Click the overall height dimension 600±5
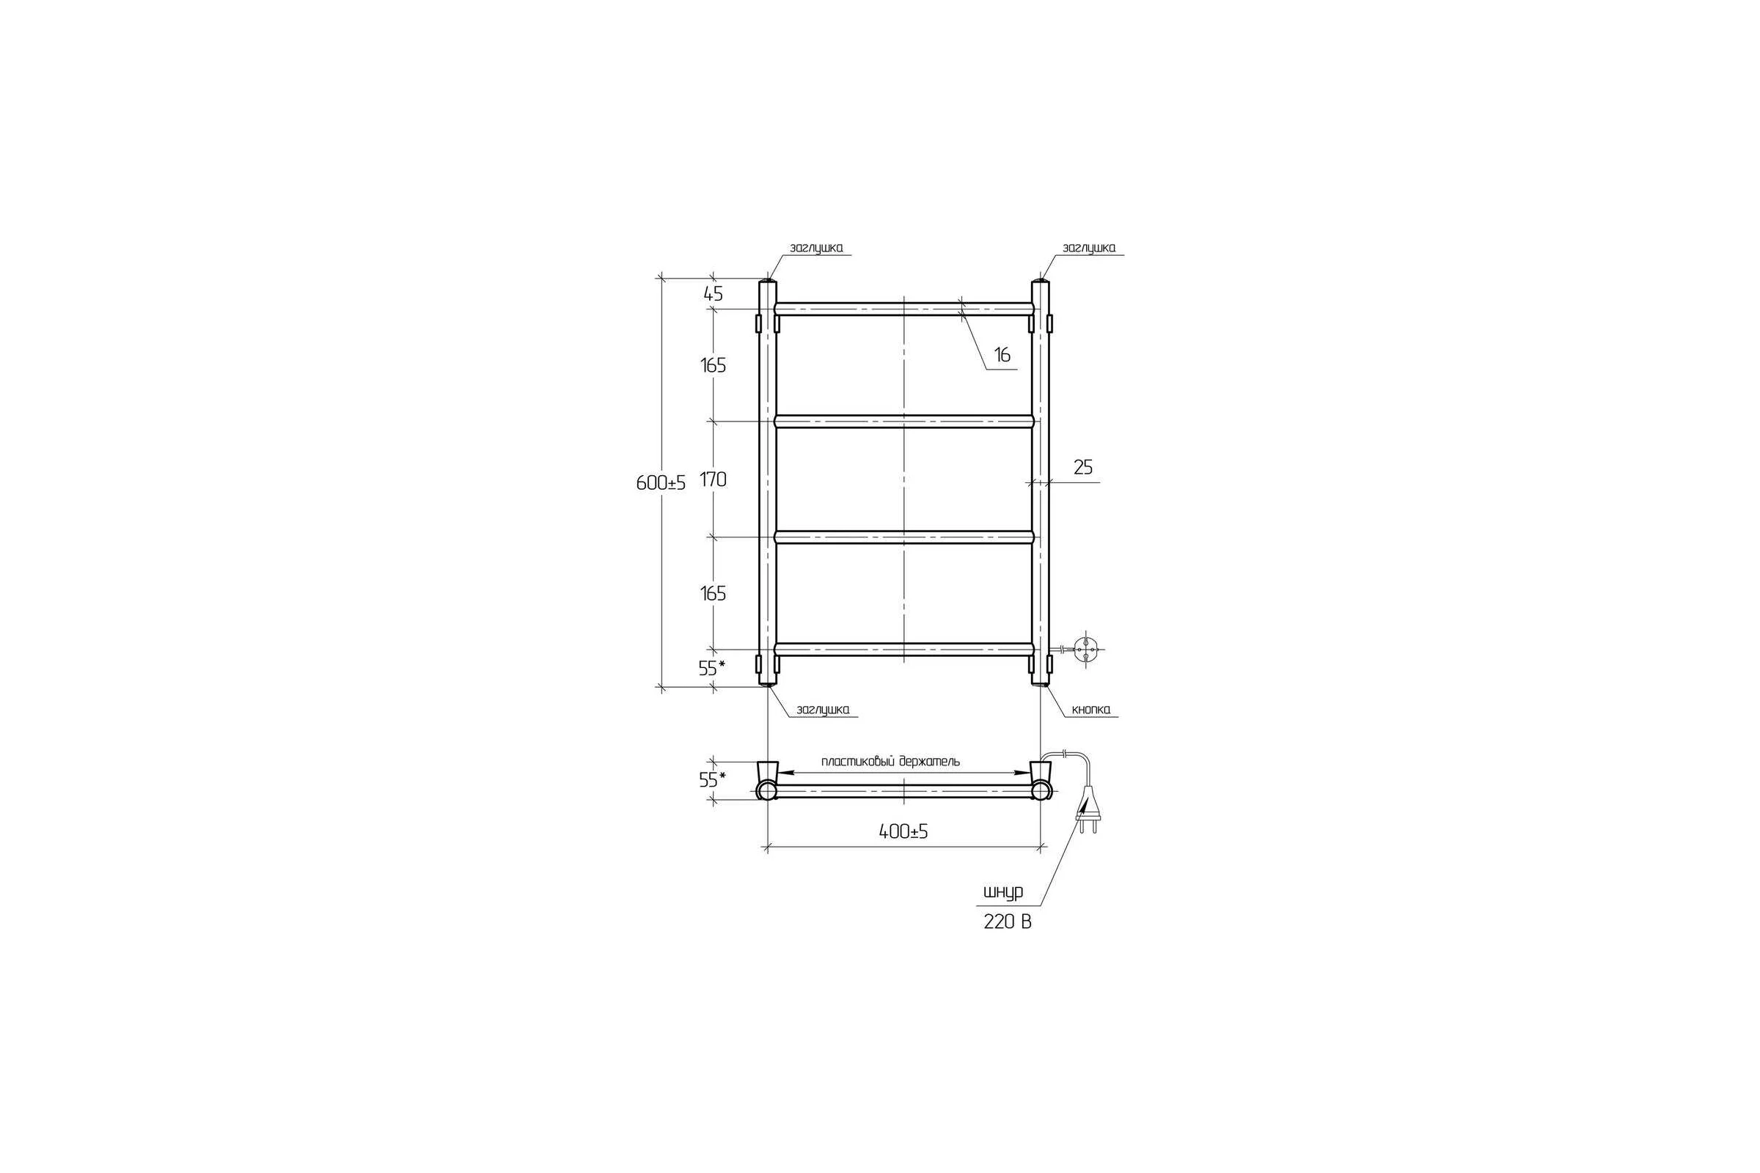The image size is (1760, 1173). pos(661,483)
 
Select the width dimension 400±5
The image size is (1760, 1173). pos(903,831)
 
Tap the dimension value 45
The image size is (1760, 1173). pos(713,294)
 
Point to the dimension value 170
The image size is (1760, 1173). pos(713,479)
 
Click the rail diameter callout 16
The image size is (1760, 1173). pos(1002,356)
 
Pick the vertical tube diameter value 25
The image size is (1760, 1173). pos(1083,468)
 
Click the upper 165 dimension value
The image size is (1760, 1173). pos(713,366)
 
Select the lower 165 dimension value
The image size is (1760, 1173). pos(713,593)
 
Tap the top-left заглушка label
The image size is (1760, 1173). pos(816,248)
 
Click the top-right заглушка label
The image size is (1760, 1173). pos(1089,248)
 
